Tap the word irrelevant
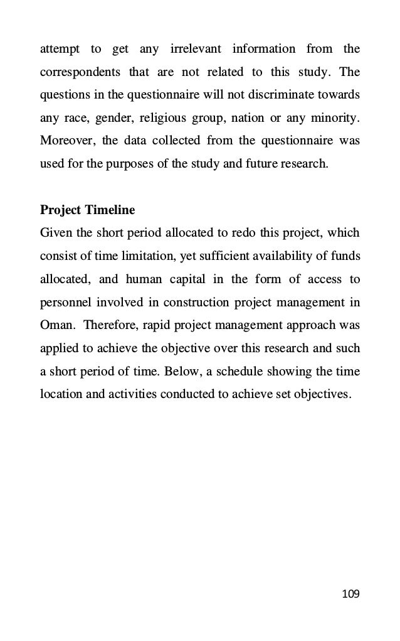tap(199, 48)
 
